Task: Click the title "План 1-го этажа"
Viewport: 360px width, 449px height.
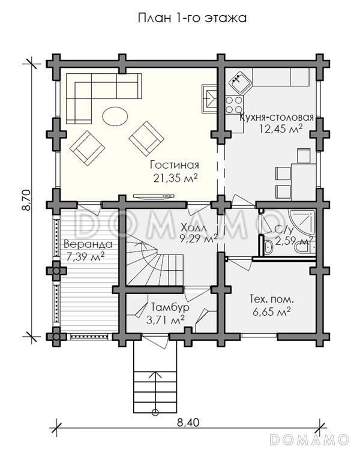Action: click(192, 18)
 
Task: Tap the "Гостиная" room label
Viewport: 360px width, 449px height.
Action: click(174, 165)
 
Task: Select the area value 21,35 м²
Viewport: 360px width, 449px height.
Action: click(175, 178)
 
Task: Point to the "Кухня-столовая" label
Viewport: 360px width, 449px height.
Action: click(277, 117)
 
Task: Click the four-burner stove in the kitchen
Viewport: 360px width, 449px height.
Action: click(234, 104)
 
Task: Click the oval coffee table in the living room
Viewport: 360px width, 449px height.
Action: click(115, 116)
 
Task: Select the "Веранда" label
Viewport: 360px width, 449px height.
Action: click(88, 244)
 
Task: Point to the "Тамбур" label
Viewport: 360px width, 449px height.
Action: click(170, 307)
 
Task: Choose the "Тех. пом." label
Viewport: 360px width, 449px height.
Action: click(272, 300)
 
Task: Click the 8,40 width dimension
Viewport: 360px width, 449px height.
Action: click(188, 423)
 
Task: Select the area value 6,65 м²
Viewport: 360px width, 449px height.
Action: click(272, 312)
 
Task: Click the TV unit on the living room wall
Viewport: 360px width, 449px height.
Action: click(154, 196)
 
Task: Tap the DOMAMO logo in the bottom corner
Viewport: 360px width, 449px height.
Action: click(310, 439)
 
